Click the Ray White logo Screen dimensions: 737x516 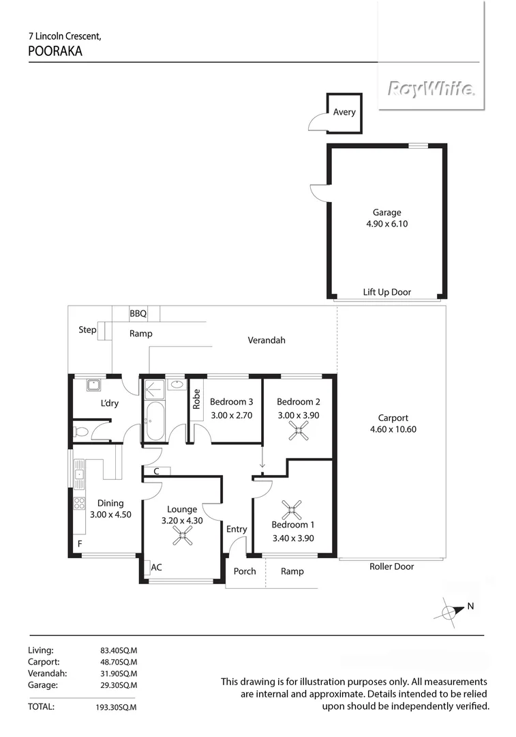tap(431, 89)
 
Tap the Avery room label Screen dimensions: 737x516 tap(344, 112)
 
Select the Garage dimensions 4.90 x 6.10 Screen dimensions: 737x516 tap(386, 224)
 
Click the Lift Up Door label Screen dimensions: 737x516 tap(386, 292)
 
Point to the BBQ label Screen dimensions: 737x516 tap(138, 314)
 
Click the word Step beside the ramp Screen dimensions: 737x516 tap(87, 330)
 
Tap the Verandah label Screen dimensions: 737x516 tap(266, 340)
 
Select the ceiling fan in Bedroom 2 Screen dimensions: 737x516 tap(298, 429)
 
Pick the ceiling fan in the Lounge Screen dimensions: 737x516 tap(182, 536)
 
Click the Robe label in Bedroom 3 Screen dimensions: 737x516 tap(197, 399)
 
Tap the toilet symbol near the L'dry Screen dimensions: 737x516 tap(80, 431)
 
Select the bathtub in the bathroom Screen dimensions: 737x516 tap(153, 421)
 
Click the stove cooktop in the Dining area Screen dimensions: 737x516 tap(79, 504)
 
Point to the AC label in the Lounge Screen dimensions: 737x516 tap(156, 567)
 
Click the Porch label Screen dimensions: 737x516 tap(245, 571)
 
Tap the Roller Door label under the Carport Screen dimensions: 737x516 tap(391, 566)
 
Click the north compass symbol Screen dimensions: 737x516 tap(449, 611)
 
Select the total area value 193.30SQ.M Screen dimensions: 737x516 tap(118, 708)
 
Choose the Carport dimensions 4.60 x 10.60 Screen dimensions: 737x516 tap(393, 429)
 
